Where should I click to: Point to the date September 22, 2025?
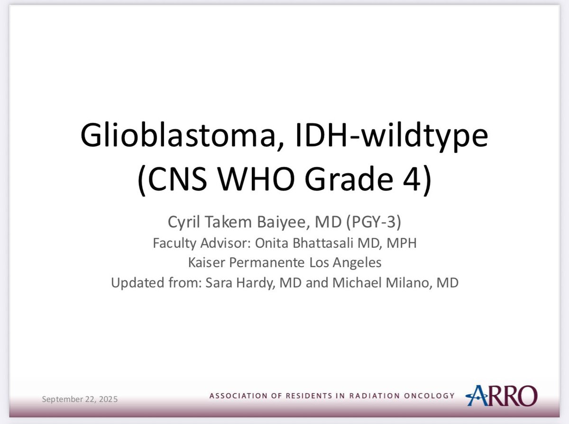80,399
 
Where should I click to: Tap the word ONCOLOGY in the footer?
428,396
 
